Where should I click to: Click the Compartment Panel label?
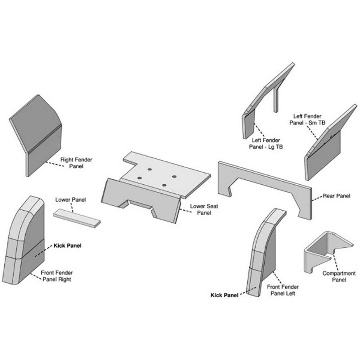[339, 276]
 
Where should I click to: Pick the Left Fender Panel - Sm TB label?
[307, 119]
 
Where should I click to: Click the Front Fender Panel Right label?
[56, 276]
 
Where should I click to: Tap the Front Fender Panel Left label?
[283, 290]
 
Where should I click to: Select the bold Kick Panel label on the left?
[67, 246]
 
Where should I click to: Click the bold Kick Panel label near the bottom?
[224, 295]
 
